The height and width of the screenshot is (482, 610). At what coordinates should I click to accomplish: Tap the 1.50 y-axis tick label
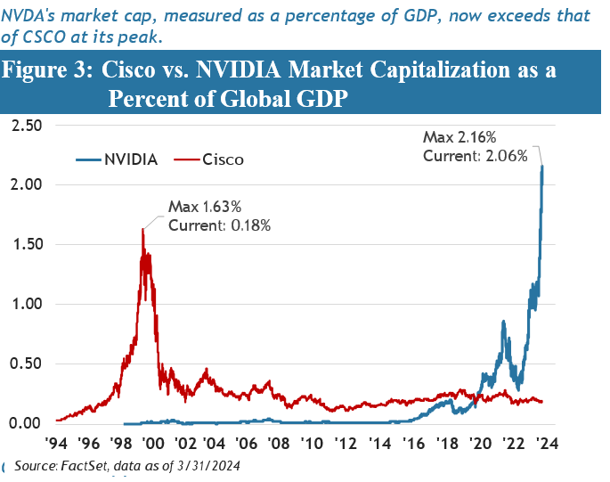pyautogui.click(x=26, y=244)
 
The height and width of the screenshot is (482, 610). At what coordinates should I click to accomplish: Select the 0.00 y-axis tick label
pyautogui.click(x=26, y=423)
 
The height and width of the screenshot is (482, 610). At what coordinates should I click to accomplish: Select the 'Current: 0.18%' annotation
pyautogui.click(x=220, y=225)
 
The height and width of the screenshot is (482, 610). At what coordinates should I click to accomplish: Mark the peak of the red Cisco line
pyautogui.click(x=143, y=228)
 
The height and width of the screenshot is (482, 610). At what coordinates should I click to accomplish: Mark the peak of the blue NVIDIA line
pyautogui.click(x=543, y=166)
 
